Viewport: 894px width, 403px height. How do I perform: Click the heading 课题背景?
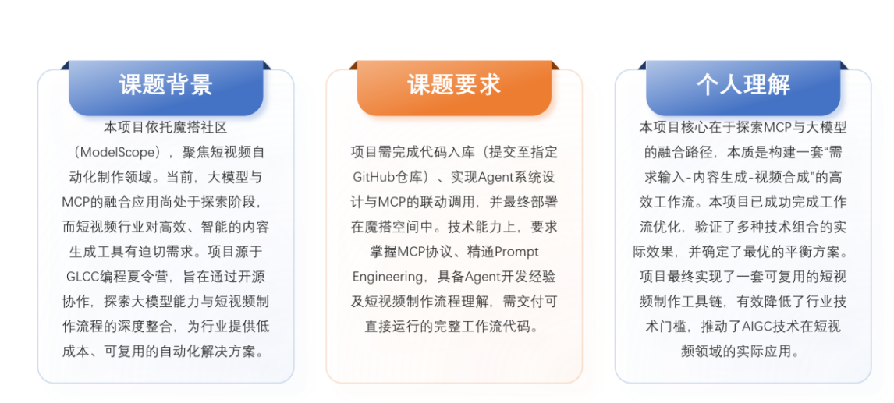(x=165, y=85)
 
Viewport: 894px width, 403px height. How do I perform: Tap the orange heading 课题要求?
(x=454, y=85)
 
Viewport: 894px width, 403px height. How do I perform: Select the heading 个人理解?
(x=743, y=85)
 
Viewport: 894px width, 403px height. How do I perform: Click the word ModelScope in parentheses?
(x=113, y=151)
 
